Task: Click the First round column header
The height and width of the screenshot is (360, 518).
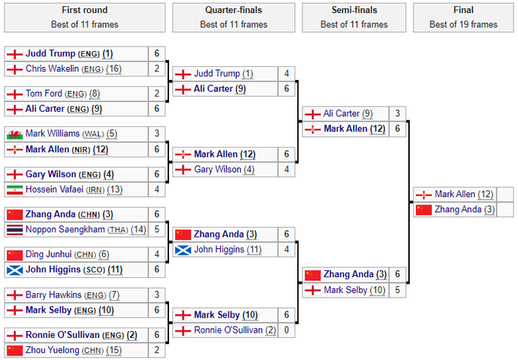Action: point(84,10)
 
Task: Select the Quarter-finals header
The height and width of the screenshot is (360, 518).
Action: point(234,10)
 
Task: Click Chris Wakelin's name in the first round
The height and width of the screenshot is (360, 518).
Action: point(53,68)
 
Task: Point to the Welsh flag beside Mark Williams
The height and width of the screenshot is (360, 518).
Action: point(14,133)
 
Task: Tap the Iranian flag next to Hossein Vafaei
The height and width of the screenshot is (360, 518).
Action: point(14,189)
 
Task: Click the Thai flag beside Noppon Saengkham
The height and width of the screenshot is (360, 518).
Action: point(14,229)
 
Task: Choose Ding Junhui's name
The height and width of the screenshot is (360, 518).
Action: point(49,254)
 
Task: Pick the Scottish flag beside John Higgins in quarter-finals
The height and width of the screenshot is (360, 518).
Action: point(183,249)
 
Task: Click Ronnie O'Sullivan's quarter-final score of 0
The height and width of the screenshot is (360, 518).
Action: point(286,330)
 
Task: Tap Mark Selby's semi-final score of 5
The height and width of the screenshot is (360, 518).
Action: point(397,289)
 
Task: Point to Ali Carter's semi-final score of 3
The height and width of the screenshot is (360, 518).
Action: point(397,113)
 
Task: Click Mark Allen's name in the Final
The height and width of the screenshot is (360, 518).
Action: point(456,194)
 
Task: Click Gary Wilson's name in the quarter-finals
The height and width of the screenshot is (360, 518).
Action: point(219,169)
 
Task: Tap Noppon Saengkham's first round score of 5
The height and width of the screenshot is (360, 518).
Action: point(156,229)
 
